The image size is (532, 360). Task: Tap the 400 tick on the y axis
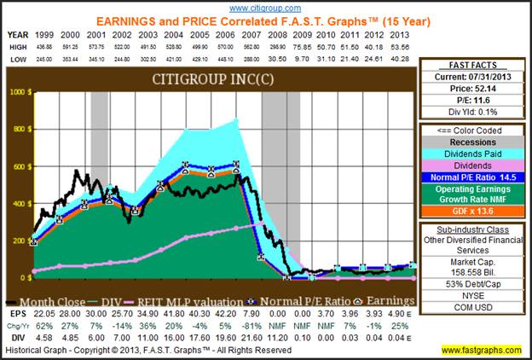click(18, 205)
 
